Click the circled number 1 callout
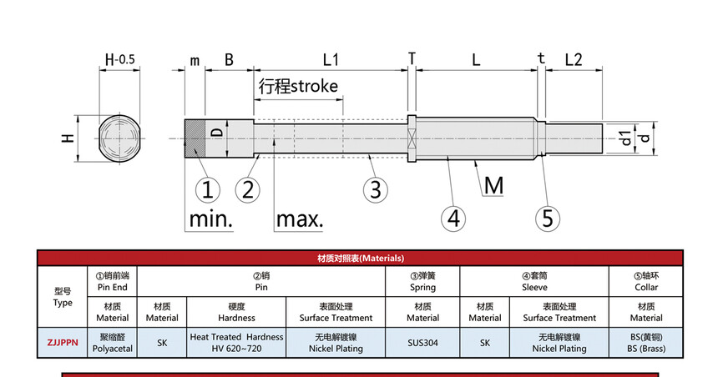click(x=206, y=189)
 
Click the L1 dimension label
click(x=331, y=60)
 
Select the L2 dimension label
click(x=574, y=60)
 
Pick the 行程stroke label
click(x=298, y=86)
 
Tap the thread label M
click(x=493, y=185)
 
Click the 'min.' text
click(x=210, y=220)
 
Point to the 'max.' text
click(x=300, y=220)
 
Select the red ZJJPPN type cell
click(x=63, y=342)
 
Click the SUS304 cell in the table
click(x=422, y=342)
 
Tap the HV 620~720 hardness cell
click(x=236, y=342)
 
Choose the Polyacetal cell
click(x=113, y=342)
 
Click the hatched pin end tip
click(x=194, y=138)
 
